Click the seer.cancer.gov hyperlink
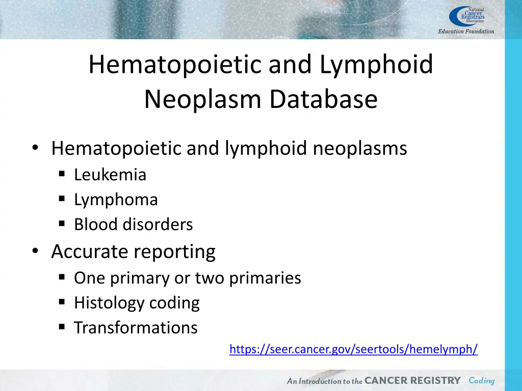click(353, 349)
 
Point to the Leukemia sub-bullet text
click(110, 175)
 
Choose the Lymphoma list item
click(116, 200)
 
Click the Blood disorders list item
click(133, 225)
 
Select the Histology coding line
click(137, 303)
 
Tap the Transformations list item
click(136, 327)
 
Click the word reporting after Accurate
click(174, 252)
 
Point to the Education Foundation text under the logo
click(466, 32)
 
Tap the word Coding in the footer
click(482, 381)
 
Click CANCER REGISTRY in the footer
click(412, 381)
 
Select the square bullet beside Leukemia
click(62, 175)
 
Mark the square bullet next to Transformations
click(62, 327)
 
